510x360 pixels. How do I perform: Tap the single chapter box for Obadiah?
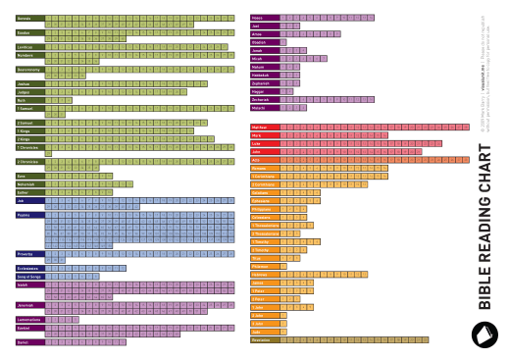coord(283,42)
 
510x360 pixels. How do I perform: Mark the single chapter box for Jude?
coord(283,331)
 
